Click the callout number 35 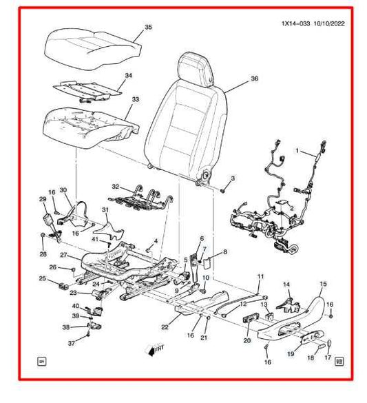click(x=147, y=28)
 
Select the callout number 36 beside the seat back click(x=254, y=79)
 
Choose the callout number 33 click(x=135, y=100)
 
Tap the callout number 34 click(x=128, y=75)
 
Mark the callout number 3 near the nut click(x=232, y=179)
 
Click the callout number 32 click(x=116, y=187)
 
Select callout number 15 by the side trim click(x=322, y=283)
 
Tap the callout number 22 click(x=165, y=327)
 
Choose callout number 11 click(x=260, y=277)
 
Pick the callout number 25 click(x=42, y=279)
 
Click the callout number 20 click(x=247, y=340)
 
